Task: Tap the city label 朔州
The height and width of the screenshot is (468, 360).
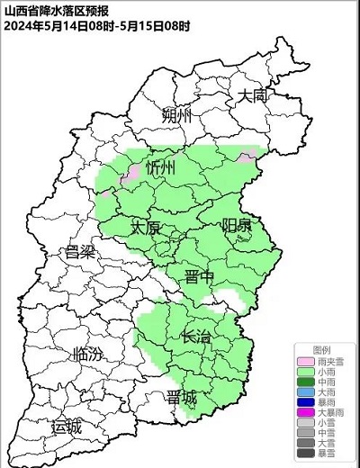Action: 178,117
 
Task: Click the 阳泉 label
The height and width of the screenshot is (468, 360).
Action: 237,225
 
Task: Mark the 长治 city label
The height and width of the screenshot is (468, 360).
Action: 197,337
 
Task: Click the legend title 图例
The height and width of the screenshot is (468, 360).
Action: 321,348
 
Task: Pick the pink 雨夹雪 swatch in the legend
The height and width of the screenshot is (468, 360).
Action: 307,359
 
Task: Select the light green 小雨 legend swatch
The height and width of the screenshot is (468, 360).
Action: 307,370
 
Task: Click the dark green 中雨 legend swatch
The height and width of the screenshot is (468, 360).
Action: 307,381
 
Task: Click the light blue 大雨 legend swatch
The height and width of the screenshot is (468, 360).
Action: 307,391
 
